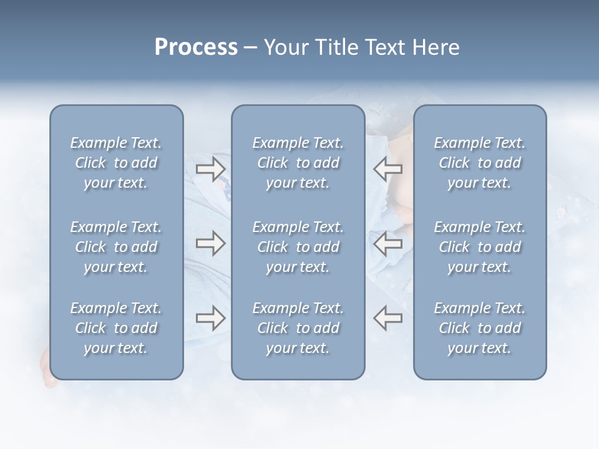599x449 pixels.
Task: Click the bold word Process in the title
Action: (x=196, y=47)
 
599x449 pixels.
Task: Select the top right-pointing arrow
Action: (x=210, y=169)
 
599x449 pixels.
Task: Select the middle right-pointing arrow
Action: (x=210, y=244)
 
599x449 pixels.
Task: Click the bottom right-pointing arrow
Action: (x=210, y=318)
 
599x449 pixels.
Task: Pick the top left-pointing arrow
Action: (x=387, y=169)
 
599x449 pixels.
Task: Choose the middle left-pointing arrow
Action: (x=387, y=244)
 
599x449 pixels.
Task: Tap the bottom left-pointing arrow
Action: (x=387, y=318)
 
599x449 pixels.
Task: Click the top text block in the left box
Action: (x=116, y=163)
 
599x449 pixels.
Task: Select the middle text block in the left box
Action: (x=116, y=247)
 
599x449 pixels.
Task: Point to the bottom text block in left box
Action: (x=116, y=328)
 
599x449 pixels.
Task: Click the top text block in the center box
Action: (x=298, y=163)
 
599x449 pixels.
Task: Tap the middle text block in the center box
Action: (x=298, y=247)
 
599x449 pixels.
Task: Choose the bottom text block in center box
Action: (x=298, y=328)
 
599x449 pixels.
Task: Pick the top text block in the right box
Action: (x=479, y=163)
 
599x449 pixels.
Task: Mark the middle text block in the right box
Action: (x=479, y=247)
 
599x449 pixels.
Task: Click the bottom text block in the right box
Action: (x=479, y=328)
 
